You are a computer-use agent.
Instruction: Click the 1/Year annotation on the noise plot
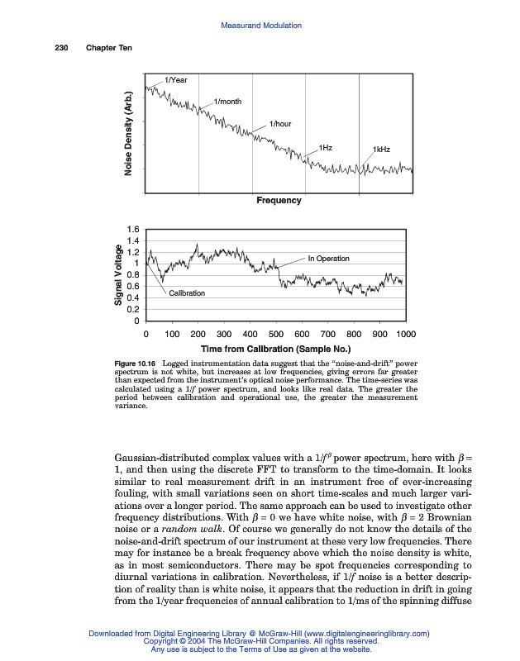(176, 80)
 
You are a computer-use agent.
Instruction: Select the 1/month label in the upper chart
(227, 102)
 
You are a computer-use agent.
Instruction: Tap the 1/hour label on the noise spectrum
(281, 124)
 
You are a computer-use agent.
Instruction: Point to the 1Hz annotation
(326, 147)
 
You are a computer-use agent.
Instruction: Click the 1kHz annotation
(381, 150)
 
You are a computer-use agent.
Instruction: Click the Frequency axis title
(279, 200)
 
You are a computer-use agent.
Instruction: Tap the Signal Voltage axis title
(120, 277)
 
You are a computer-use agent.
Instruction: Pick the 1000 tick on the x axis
(405, 335)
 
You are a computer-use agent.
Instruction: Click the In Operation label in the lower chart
(328, 259)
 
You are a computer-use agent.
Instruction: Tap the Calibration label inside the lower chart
(188, 293)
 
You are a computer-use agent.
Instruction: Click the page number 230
(50, 47)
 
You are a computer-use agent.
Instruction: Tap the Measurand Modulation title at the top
(261, 26)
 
